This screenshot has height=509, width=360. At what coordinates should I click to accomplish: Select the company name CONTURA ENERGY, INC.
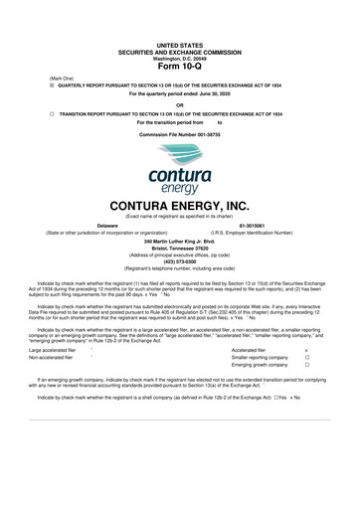(180, 204)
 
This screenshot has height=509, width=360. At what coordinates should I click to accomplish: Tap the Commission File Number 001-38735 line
(180, 132)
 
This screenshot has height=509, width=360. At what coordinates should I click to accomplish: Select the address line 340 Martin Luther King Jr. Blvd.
(180, 242)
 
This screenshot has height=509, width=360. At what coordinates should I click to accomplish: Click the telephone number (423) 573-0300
(180, 262)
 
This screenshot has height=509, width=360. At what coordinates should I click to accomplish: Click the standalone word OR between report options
(180, 104)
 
